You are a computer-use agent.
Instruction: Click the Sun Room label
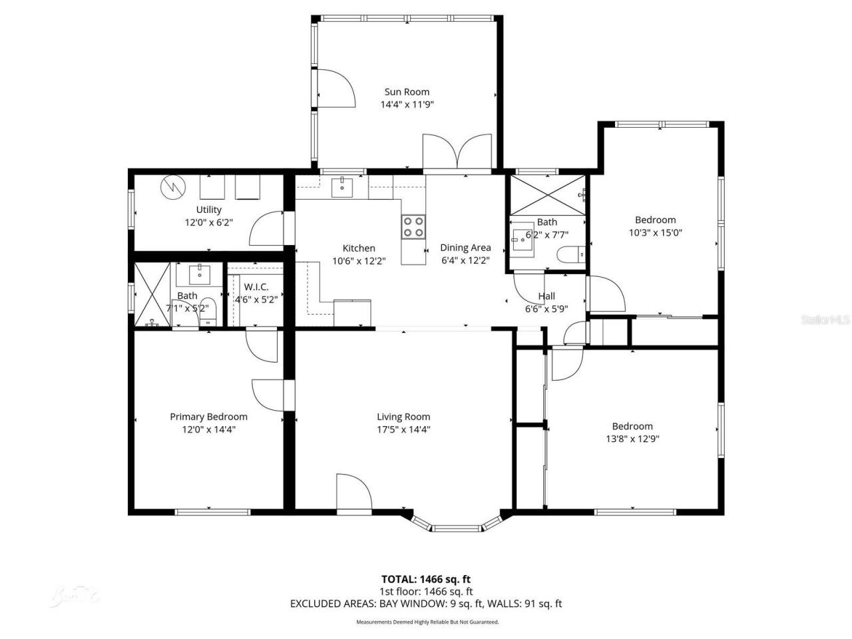[407, 92]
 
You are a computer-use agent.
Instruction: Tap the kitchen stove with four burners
[413, 226]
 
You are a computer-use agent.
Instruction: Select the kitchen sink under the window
[343, 187]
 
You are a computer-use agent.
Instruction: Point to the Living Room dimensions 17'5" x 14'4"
[403, 429]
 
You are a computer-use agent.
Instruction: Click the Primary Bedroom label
[208, 417]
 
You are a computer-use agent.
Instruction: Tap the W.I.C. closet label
[256, 287]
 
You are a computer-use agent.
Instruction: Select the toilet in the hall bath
[571, 254]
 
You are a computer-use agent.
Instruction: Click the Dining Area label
[465, 248]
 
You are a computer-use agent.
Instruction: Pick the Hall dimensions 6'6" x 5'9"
[546, 309]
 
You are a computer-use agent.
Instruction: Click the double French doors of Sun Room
[457, 152]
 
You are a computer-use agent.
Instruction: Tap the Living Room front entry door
[353, 493]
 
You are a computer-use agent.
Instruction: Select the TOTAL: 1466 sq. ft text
[426, 579]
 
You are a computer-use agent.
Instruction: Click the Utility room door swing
[266, 229]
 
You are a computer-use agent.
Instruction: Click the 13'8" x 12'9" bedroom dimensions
[632, 439]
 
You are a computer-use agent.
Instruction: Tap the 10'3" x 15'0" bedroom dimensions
[655, 232]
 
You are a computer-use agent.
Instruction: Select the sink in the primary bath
[200, 273]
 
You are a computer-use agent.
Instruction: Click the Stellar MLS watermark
[825, 320]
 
